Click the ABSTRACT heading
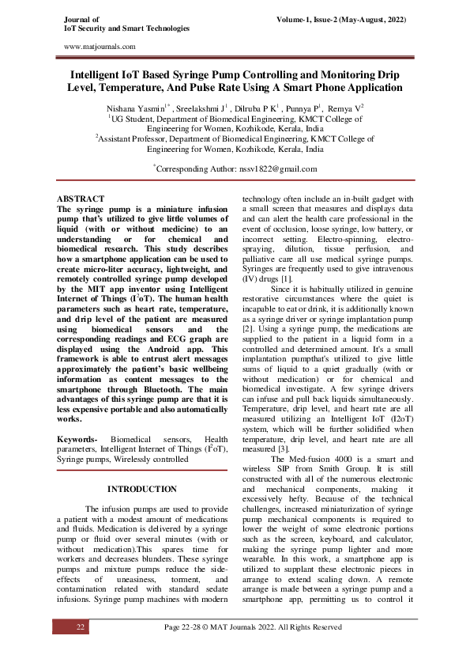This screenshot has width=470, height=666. pyautogui.click(x=82, y=198)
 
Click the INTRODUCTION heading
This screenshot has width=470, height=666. pyautogui.click(x=141, y=490)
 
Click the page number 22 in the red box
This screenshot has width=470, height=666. pyautogui.click(x=80, y=627)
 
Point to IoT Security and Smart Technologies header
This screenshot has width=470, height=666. pyautogui.click(x=126, y=28)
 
